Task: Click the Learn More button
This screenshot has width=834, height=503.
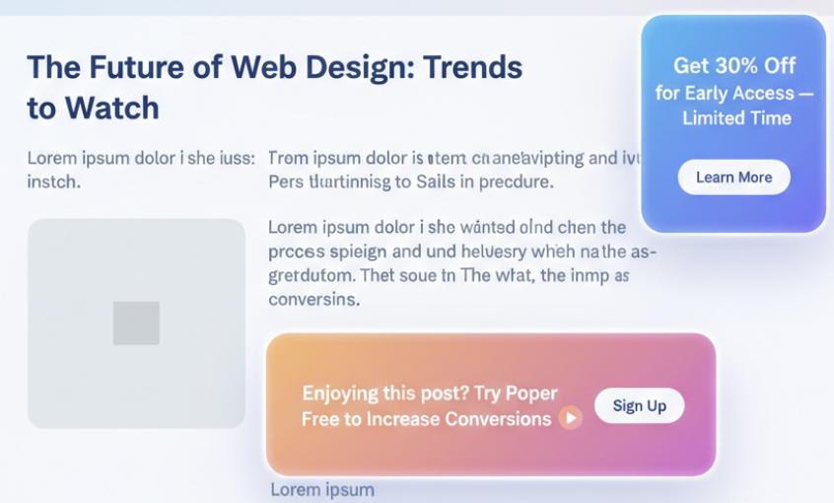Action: pyautogui.click(x=733, y=178)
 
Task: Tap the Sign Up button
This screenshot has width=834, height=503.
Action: pyautogui.click(x=639, y=405)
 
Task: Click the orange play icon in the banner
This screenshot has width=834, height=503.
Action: pyautogui.click(x=570, y=419)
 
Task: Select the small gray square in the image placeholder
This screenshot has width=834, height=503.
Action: pyautogui.click(x=136, y=323)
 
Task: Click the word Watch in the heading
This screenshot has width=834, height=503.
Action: pyautogui.click(x=111, y=108)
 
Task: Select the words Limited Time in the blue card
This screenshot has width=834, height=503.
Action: pyautogui.click(x=736, y=118)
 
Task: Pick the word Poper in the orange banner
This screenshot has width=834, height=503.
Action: pyautogui.click(x=531, y=394)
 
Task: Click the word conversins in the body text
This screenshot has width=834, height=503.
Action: pyautogui.click(x=314, y=298)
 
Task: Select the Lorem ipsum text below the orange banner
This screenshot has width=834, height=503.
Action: pyautogui.click(x=322, y=489)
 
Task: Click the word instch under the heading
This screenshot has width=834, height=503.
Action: pyautogui.click(x=53, y=182)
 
